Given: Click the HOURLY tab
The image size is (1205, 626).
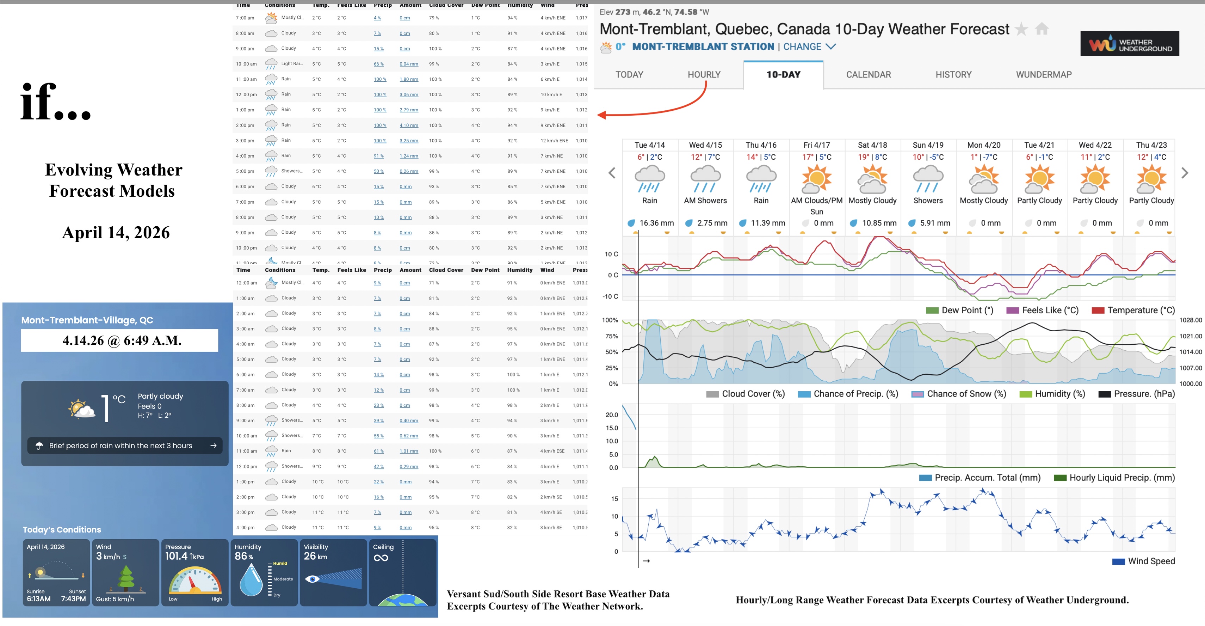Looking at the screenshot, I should pos(704,74).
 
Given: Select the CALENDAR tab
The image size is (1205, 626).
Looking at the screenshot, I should pos(868,74).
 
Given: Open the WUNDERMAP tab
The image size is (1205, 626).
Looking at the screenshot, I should pos(1043,74).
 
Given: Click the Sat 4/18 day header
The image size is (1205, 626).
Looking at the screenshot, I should pos(872,145).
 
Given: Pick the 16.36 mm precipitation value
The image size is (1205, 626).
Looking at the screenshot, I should pos(656,223).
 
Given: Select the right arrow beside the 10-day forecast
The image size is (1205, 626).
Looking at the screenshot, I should pos(1185,173).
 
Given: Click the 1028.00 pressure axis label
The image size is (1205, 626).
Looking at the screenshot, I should pos(1190,320).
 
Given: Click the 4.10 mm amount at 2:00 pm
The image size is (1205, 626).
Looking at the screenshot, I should pos(408,125).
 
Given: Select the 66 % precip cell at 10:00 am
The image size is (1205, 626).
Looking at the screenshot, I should pos(378,64).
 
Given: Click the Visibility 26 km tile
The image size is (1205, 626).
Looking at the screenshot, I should pos(333,572).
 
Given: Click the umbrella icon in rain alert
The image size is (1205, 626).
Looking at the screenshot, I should pos(39,446).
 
